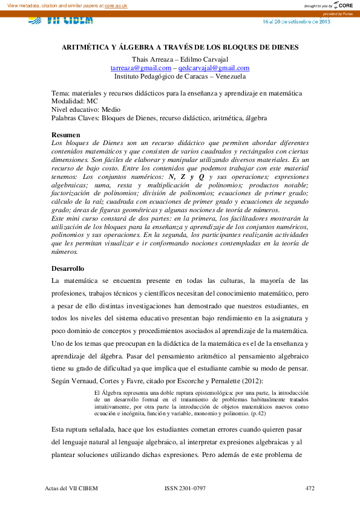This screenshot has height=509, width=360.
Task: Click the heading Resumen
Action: [x=66, y=134]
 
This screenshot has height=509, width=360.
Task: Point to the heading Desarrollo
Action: [x=68, y=267]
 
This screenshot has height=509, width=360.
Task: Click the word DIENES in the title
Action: [x=284, y=47]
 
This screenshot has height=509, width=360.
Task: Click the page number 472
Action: [x=310, y=487]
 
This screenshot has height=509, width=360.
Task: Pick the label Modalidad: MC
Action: [x=74, y=102]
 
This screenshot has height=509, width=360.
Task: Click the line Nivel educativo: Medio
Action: [x=86, y=110]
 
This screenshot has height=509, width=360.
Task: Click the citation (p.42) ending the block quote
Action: [x=257, y=413]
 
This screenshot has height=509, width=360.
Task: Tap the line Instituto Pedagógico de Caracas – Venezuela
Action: [x=180, y=77]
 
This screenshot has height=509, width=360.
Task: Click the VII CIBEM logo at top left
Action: [x=61, y=19]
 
